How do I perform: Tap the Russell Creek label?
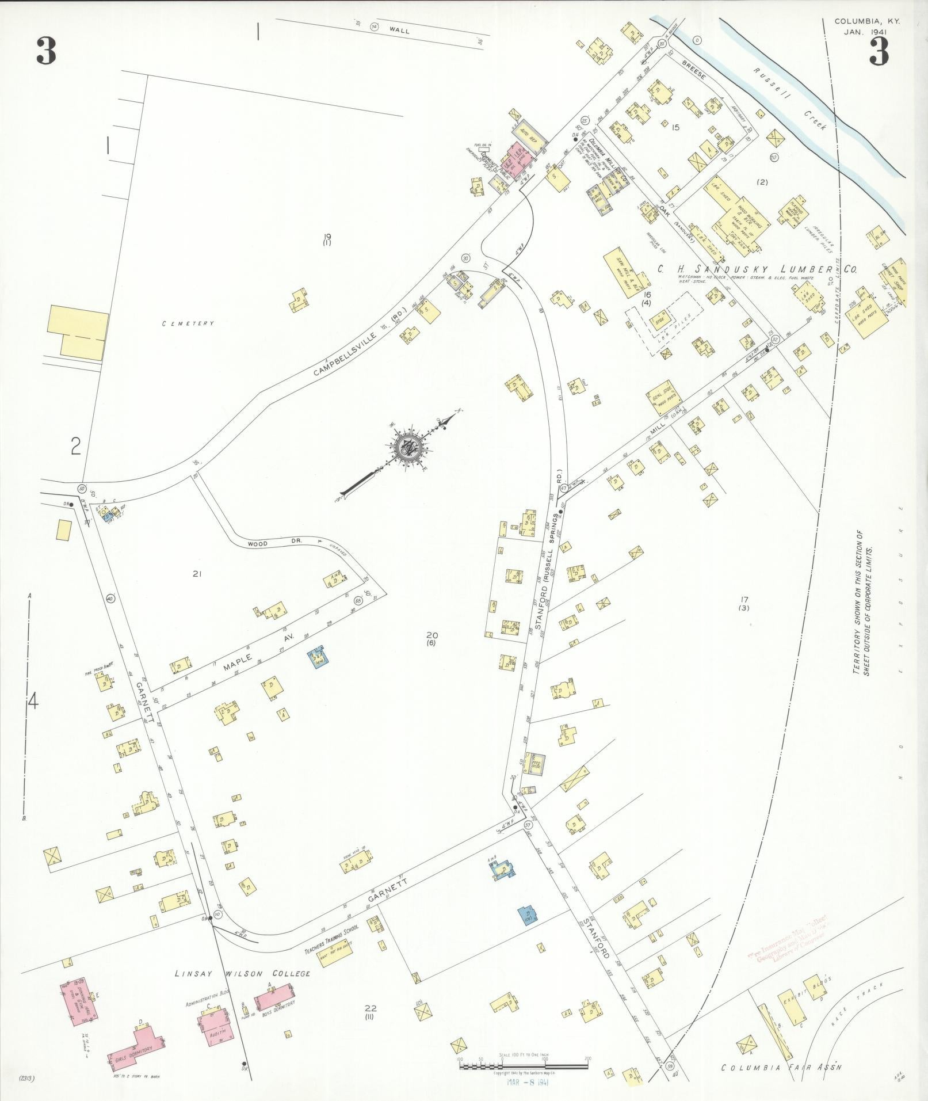[790, 98]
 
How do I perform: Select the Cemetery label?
[188, 323]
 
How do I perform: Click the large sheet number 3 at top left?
[46, 51]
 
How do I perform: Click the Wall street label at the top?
[399, 31]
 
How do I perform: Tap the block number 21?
[197, 573]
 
